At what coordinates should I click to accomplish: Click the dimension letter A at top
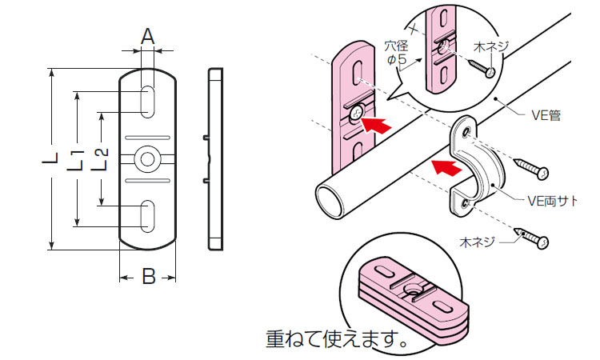tap(147, 35)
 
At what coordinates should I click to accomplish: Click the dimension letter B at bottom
tap(148, 277)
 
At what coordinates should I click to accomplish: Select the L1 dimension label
tap(76, 158)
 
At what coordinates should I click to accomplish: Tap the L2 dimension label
tap(101, 158)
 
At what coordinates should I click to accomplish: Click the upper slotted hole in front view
tap(148, 102)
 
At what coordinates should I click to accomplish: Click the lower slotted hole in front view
tap(148, 217)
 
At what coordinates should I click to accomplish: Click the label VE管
tap(545, 114)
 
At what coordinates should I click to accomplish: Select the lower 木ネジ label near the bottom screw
tap(478, 240)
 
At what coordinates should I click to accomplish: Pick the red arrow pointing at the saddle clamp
tap(446, 166)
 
